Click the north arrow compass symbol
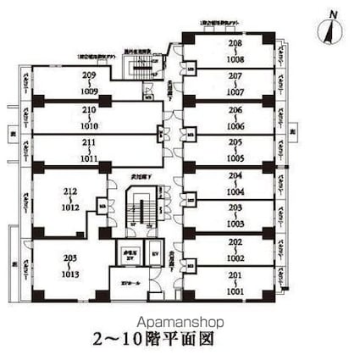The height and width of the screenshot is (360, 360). tap(330, 28)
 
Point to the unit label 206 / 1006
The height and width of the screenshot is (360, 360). tap(235, 118)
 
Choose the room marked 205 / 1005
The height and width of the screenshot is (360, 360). tap(235, 151)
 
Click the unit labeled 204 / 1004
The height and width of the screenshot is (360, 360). tap(235, 183)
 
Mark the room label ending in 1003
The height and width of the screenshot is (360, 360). tap(235, 216)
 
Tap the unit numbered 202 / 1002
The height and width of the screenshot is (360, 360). tap(235, 250)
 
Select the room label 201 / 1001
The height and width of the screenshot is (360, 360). tap(235, 283)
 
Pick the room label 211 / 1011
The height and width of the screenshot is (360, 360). tap(88, 151)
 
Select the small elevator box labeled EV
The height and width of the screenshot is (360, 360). tap(154, 252)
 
